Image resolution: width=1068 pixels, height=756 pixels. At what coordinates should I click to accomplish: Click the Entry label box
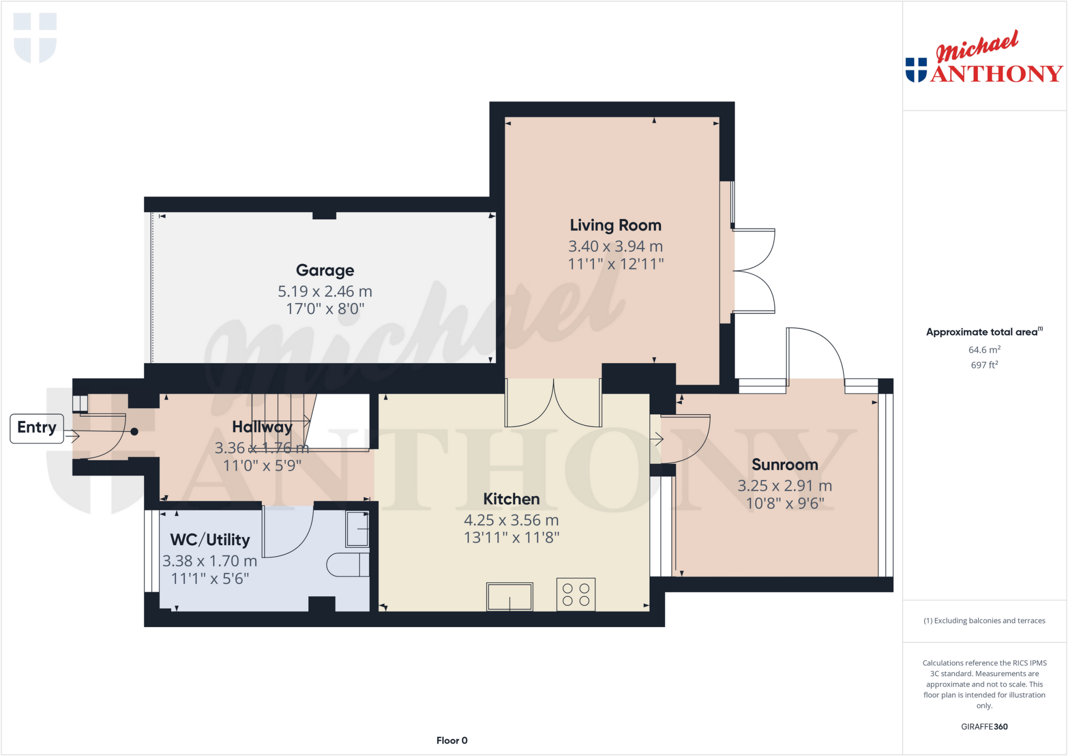coord(37,428)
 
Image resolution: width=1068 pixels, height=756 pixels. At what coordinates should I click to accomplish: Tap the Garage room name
coord(325,270)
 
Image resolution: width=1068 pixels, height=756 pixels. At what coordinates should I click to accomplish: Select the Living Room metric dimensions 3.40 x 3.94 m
coord(615,246)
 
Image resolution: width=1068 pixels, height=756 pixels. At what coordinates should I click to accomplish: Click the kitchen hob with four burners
coord(576,594)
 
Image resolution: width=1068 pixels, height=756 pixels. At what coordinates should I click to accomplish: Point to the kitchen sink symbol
coord(509,596)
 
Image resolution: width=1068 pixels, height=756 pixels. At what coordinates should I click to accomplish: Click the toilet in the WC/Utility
coord(347,565)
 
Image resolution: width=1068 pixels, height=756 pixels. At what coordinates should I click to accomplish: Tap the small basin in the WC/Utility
coord(358,529)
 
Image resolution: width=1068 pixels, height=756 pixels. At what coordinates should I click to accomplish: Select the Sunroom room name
coord(784,465)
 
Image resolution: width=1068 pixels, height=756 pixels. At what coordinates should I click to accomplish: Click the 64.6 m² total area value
coord(984,350)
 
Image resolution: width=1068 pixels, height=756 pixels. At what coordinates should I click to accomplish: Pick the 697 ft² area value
coord(984,365)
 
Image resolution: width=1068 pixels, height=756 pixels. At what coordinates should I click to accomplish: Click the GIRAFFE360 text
coord(984,726)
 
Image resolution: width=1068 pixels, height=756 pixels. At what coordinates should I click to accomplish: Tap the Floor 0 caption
coord(452,740)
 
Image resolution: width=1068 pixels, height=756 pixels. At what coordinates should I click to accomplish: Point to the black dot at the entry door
coord(135,431)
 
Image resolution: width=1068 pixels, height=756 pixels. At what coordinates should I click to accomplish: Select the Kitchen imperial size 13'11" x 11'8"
coord(512,538)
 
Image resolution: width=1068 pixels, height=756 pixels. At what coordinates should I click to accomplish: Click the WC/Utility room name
coord(210,540)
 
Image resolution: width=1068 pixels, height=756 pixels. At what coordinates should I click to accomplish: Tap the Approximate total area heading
coord(983,332)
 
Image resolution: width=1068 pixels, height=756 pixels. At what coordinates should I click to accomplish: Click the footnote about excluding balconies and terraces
coord(984,621)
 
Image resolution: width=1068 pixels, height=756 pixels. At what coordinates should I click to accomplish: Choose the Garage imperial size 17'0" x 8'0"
coord(325,309)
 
